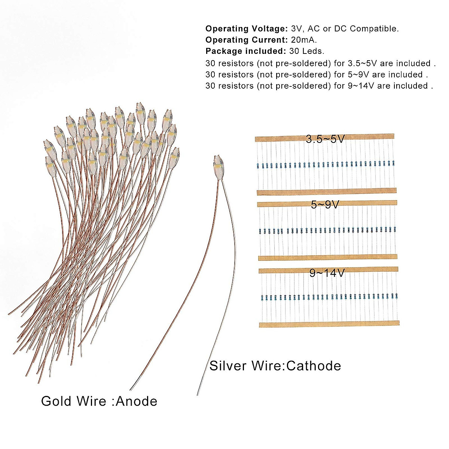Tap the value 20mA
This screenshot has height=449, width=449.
pyautogui.click(x=303, y=40)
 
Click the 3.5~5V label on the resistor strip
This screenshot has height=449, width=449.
pyautogui.click(x=325, y=139)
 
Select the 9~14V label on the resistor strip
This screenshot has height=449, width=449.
pyautogui.click(x=327, y=273)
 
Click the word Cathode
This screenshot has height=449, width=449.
pyautogui.click(x=314, y=366)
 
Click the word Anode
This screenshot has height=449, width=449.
pyautogui.click(x=137, y=401)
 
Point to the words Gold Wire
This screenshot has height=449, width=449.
pyautogui.click(x=73, y=401)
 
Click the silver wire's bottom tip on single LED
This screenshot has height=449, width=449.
pyautogui.click(x=198, y=394)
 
